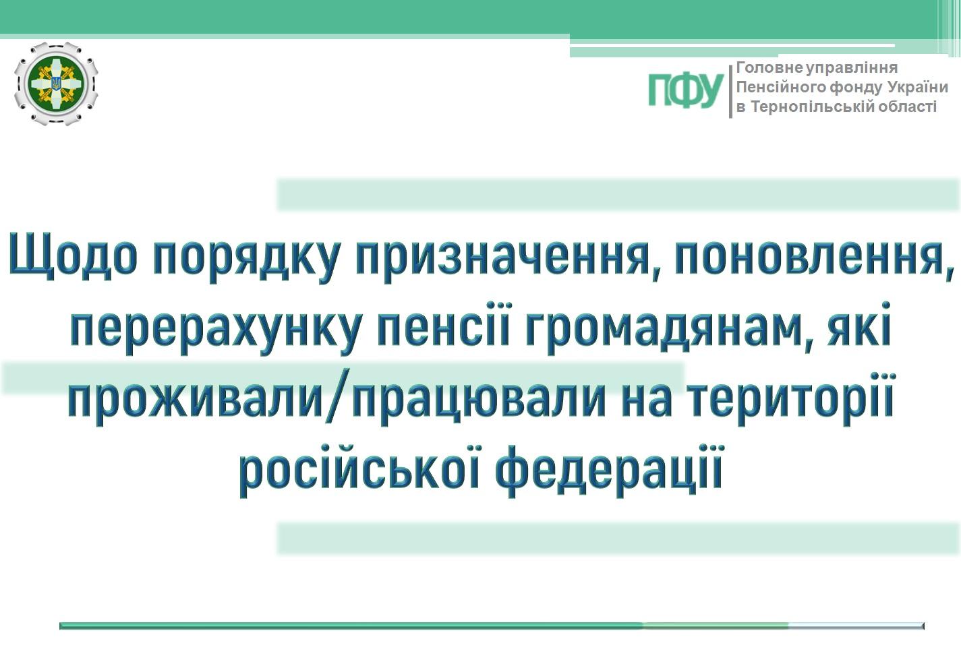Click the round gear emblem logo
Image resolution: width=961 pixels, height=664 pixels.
pyautogui.click(x=56, y=84)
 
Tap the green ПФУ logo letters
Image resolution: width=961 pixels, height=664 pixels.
pyautogui.click(x=686, y=90)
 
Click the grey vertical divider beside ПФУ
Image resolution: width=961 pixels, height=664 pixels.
pyautogui.click(x=730, y=92)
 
